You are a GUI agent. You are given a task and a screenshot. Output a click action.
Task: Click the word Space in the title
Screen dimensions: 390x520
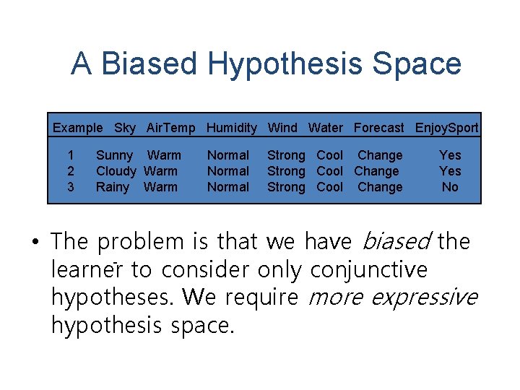[416, 64]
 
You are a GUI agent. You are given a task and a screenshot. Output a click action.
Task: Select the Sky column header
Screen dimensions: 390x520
[124, 128]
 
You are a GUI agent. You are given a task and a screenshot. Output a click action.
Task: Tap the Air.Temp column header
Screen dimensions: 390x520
[170, 128]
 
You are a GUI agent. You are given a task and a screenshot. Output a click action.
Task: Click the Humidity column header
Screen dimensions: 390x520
[231, 128]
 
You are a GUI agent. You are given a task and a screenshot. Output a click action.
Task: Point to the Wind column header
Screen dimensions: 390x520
[282, 128]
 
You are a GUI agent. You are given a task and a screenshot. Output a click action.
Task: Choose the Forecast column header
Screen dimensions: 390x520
[378, 128]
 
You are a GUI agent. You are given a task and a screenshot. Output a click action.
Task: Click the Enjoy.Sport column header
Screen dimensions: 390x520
[446, 128]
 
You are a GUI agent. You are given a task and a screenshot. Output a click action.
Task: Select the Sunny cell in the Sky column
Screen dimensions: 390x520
[114, 155]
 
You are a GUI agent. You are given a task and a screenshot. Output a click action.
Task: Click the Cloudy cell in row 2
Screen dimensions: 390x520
[116, 171]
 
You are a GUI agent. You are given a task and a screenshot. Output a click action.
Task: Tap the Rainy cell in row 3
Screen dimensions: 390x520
[113, 187]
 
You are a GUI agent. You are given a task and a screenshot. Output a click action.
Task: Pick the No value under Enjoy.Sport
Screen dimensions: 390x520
[450, 187]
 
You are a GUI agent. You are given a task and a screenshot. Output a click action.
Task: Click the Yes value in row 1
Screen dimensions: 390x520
[450, 155]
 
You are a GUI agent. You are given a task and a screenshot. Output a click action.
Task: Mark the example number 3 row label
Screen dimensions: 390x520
[70, 187]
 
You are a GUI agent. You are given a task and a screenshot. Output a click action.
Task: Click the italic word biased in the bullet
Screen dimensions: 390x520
[394, 240]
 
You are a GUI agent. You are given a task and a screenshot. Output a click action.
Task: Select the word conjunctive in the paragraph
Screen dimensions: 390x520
[368, 269]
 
